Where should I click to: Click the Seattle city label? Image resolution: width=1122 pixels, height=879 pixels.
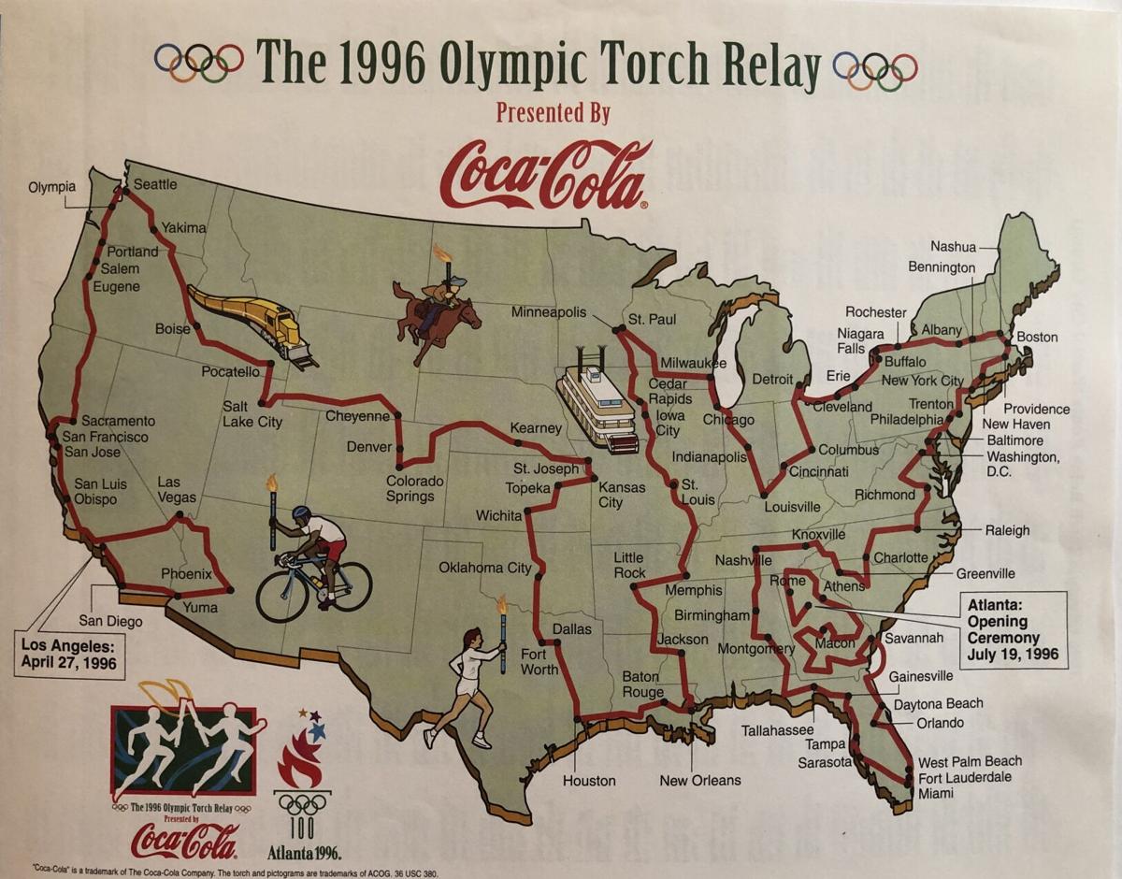click(155, 184)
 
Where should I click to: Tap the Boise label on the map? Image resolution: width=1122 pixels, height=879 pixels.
click(173, 329)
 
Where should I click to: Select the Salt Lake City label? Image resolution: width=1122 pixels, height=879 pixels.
click(252, 414)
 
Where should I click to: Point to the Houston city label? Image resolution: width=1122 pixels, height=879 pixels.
click(589, 781)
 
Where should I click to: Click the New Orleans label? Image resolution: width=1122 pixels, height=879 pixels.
click(700, 781)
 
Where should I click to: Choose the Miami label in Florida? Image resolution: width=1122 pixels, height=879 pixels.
click(936, 794)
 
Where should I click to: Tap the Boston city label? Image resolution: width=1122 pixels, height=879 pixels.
click(1037, 337)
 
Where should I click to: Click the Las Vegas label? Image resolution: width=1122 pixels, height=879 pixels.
click(177, 490)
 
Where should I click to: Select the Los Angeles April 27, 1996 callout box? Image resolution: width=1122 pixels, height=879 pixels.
click(71, 655)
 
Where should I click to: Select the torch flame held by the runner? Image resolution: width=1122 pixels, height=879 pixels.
click(502, 605)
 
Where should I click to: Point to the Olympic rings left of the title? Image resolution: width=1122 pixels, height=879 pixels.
click(199, 63)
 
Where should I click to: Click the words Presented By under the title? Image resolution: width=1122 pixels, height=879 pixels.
click(553, 114)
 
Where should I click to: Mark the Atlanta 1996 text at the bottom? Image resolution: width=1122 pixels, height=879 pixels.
click(304, 852)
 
